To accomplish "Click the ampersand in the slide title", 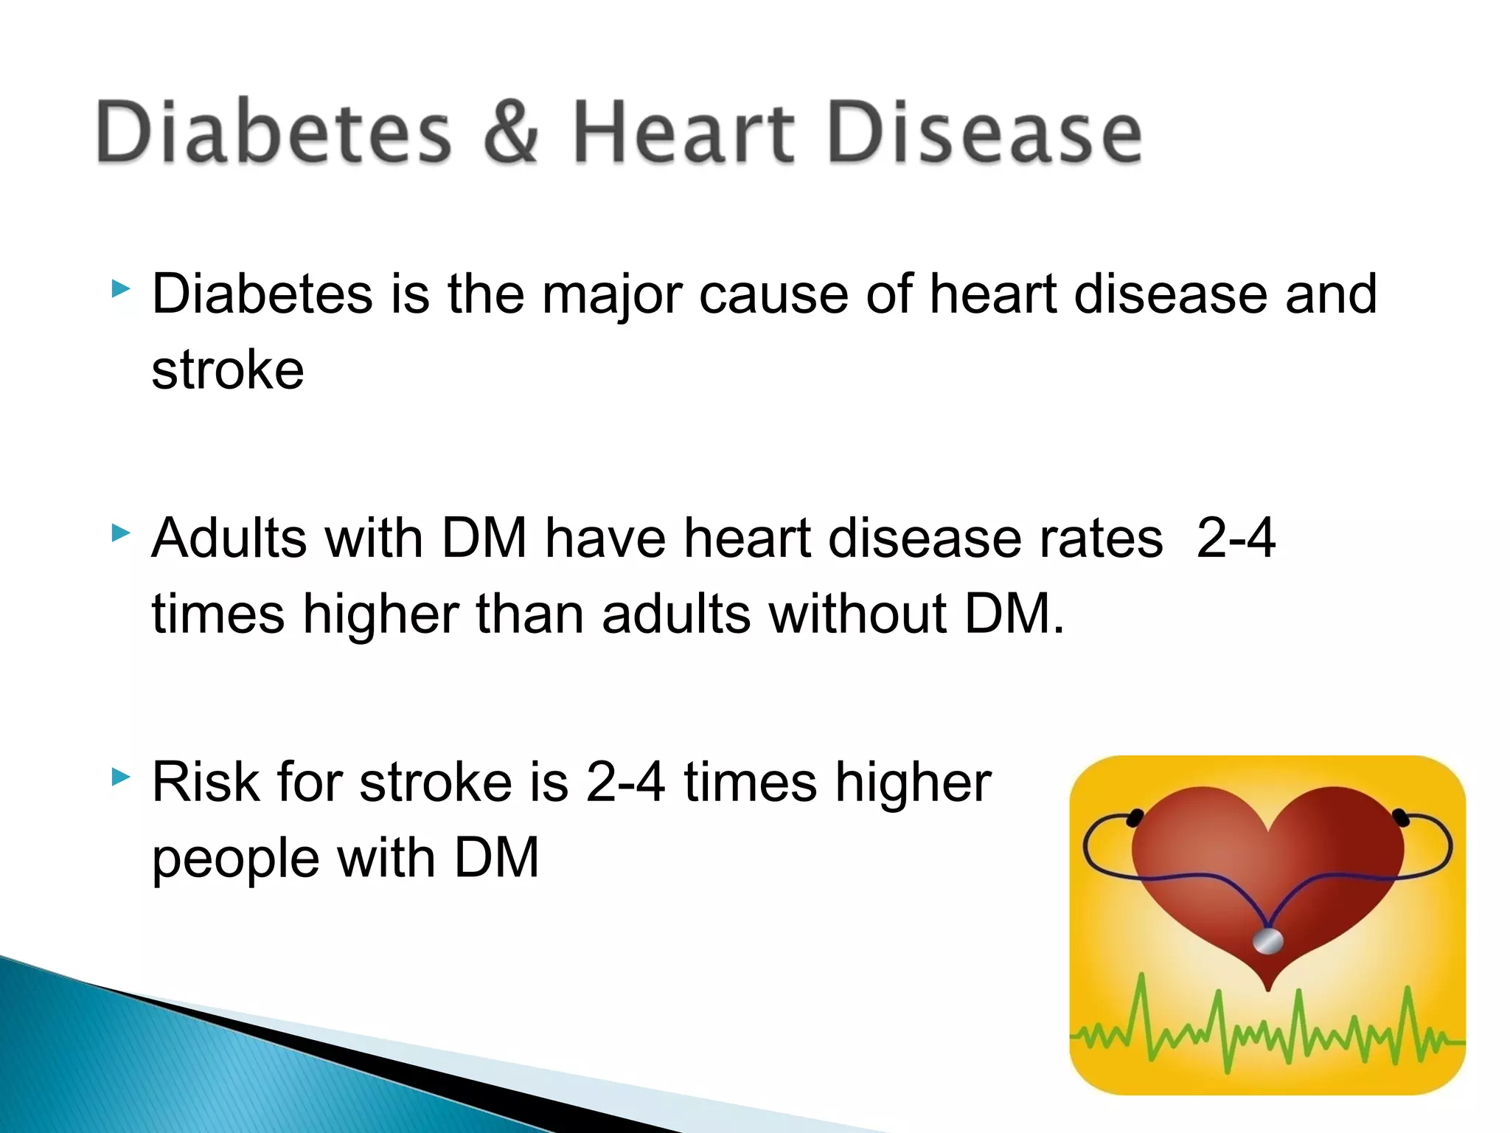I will pos(511,132).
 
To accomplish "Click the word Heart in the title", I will pos(683,132).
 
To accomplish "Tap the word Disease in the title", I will pos(985,132).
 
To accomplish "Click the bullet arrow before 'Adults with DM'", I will pos(120,533).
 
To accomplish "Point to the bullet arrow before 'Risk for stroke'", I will pos(120,776).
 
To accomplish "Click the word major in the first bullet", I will pos(611,295).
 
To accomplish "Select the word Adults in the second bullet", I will pos(229,538).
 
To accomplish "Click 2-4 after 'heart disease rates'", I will pos(1235,538).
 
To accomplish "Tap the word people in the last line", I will pos(235,859).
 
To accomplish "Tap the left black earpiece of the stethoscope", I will pos(1135,817).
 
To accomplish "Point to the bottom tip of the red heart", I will pos(1268,987).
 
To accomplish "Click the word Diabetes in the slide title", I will pos(273,132).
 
